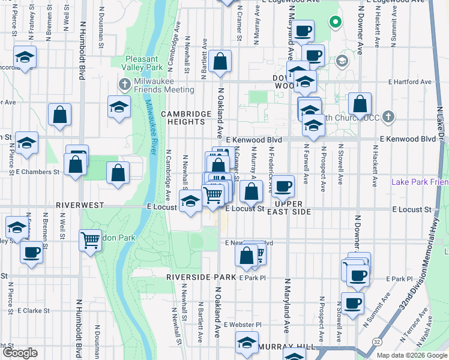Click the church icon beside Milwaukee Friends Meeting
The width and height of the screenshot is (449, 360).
tap(125, 83)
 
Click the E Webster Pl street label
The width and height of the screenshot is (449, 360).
tap(243, 325)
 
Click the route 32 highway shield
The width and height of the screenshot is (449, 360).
tap(376, 341)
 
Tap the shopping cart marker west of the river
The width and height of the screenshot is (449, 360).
tap(90, 239)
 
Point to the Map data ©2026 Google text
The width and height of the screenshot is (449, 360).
tap(411, 355)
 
